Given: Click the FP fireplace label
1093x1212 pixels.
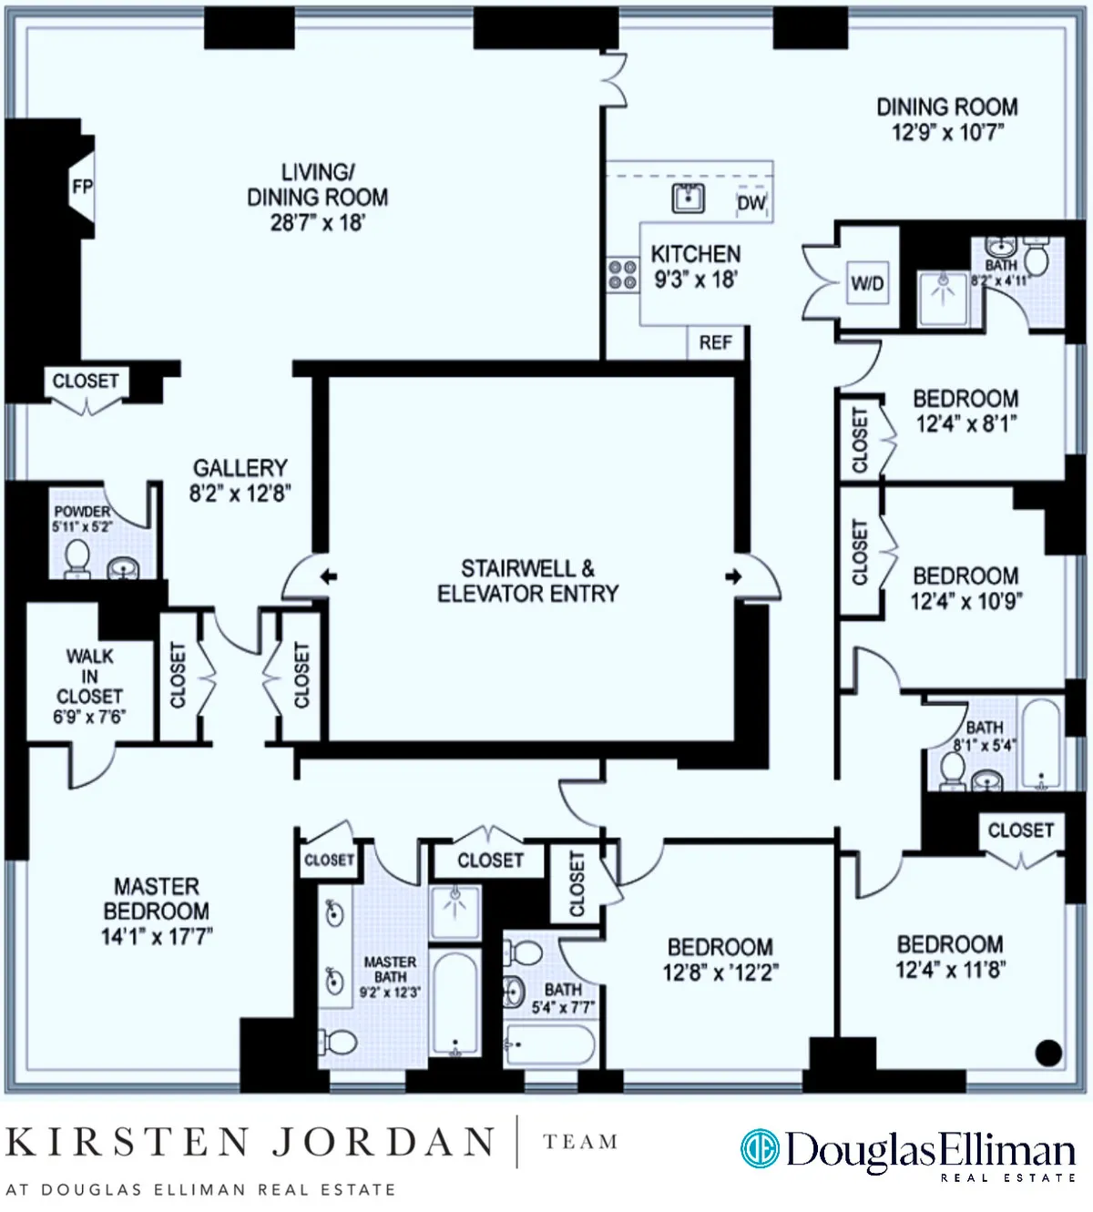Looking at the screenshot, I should pos(82,187).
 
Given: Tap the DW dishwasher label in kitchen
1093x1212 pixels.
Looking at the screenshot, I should pos(751,203).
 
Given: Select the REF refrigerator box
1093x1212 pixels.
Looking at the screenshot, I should pos(716,342).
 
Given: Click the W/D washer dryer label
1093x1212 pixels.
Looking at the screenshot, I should pos(867,283).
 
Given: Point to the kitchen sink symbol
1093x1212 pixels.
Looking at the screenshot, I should pos(689,198).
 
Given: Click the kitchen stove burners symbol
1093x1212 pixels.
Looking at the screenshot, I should pos(623,274).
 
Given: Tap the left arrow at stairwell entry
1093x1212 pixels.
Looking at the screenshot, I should pos(329,576).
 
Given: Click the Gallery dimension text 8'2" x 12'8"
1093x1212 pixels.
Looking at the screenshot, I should pos(240,494).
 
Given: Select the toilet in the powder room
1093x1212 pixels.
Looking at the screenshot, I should pos(77,558).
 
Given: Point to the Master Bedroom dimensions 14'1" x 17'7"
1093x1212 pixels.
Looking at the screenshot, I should pos(157,935).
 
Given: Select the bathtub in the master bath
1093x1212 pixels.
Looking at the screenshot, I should pos(455,1003).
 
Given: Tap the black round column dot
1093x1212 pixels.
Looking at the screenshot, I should pos(1048,1053).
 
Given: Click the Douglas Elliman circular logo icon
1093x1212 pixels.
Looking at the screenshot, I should pos(760,1149).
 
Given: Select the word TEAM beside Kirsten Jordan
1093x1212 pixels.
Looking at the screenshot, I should pos(580,1142).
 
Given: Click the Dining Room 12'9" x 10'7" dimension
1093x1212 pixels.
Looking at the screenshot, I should pos(947,132).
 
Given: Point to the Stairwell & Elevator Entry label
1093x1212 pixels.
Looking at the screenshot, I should pos(527,581).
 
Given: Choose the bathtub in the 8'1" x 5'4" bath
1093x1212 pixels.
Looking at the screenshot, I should pos(1040,744).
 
